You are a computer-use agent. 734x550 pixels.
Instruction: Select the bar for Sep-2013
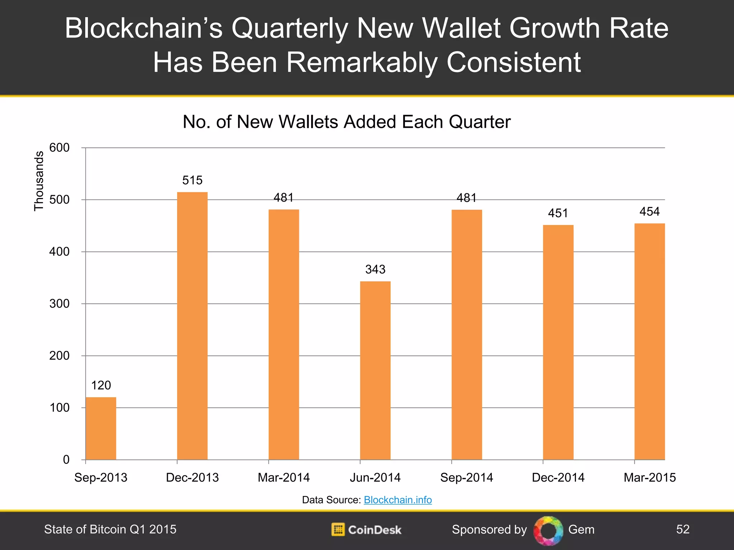click(101, 428)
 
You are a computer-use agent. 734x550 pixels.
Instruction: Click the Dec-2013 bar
click(192, 326)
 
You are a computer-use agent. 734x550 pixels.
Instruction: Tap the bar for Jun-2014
click(375, 370)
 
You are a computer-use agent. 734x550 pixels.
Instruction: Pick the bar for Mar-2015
click(649, 341)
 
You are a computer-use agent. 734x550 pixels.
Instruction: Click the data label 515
click(192, 180)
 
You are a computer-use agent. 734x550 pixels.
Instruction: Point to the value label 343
click(375, 269)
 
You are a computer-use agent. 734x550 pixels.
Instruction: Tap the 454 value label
click(649, 212)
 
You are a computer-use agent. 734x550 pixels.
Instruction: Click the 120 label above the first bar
click(101, 385)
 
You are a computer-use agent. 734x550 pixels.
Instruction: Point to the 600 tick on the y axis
click(59, 148)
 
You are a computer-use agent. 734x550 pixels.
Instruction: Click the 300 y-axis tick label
click(59, 304)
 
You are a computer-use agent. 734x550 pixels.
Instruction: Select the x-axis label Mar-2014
click(283, 477)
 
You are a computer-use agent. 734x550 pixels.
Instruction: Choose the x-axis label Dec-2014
click(558, 477)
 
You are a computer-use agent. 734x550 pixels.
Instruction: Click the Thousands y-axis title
click(39, 181)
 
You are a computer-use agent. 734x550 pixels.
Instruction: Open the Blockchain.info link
click(398, 500)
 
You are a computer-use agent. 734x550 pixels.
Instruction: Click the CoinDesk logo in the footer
click(366, 530)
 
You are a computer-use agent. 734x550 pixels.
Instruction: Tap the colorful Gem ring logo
click(548, 530)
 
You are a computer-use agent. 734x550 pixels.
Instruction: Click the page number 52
click(683, 529)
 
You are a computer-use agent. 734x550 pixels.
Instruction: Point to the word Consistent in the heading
click(514, 62)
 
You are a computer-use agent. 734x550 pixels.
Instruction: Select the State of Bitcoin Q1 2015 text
click(110, 529)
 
